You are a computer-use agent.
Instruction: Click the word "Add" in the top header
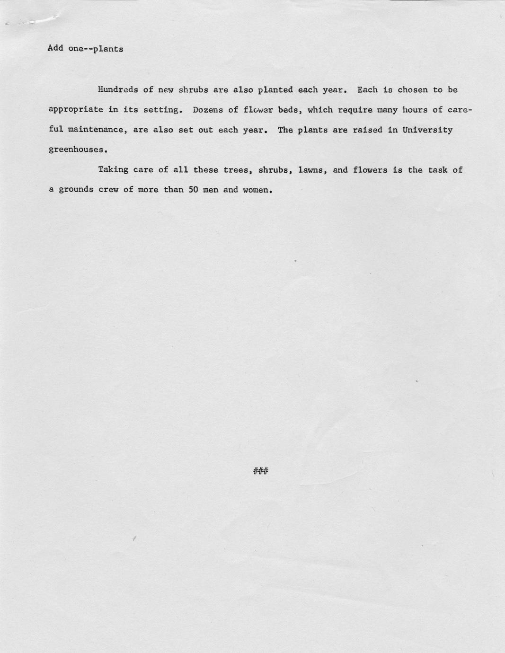click(x=55, y=48)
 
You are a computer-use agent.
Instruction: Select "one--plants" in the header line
click(x=96, y=49)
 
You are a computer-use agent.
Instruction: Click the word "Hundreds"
click(x=117, y=89)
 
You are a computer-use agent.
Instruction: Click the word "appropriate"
click(x=76, y=110)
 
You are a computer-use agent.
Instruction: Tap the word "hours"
click(x=415, y=110)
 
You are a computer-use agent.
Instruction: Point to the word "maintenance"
click(x=97, y=130)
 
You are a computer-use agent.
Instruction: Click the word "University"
click(x=427, y=130)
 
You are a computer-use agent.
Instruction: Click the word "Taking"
click(x=113, y=170)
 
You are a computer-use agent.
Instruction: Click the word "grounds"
click(x=76, y=190)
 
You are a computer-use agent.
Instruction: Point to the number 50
click(x=193, y=190)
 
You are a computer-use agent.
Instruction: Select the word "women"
click(x=257, y=190)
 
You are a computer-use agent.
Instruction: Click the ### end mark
click(x=261, y=471)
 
